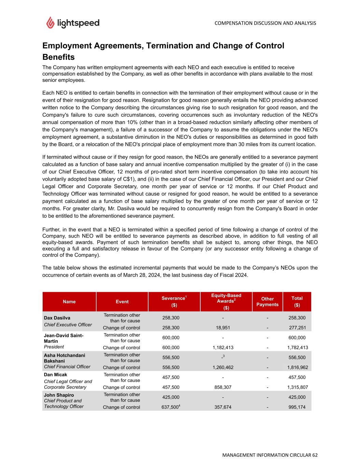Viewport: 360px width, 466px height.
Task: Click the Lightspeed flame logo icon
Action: pos(50,23)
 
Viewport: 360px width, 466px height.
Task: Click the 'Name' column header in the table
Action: pos(69,301)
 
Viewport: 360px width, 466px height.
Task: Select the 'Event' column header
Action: pos(122,301)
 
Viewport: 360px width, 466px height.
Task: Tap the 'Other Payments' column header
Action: pos(268,301)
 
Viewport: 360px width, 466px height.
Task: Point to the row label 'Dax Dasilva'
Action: pos(57,318)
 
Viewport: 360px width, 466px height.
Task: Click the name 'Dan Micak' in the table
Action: pos(56,375)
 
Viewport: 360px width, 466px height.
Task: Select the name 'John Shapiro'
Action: pos(59,395)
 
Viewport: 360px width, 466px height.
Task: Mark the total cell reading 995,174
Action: pos(297,407)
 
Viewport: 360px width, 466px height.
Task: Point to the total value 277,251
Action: pos(297,328)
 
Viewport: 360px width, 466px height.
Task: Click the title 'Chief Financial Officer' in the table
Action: pos(67,367)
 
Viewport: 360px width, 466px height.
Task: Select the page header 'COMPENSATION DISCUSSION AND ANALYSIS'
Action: pos(265,23)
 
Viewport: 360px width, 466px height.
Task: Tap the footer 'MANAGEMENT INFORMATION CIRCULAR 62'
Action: pos(270,455)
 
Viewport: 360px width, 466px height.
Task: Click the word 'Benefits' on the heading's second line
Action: pos(58,57)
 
